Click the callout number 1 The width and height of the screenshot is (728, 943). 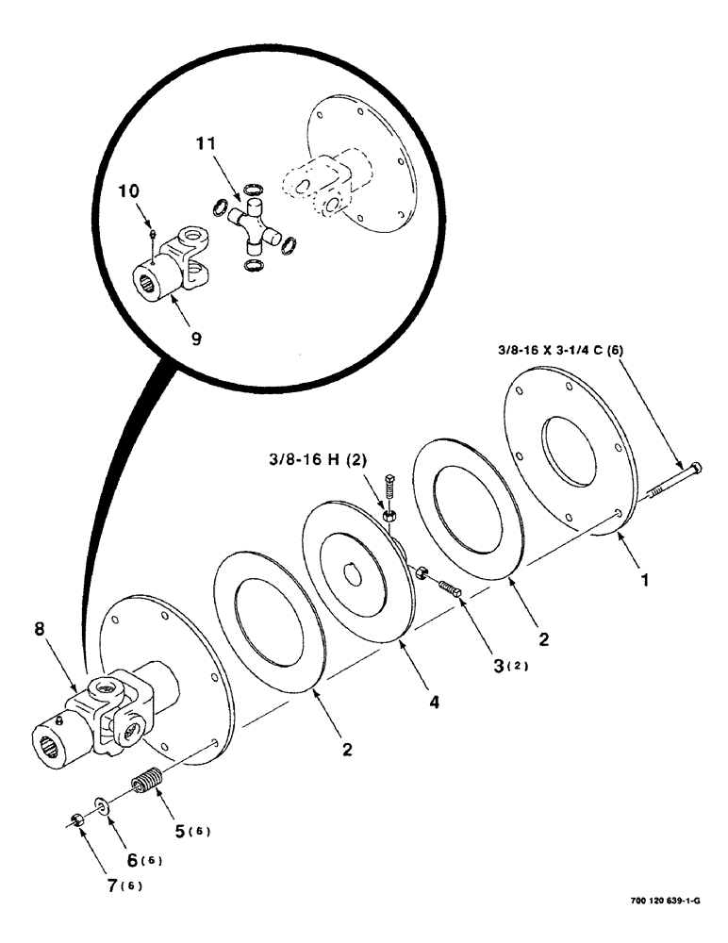tap(646, 582)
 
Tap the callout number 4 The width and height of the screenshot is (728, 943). tap(435, 702)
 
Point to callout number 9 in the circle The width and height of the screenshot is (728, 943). tap(196, 336)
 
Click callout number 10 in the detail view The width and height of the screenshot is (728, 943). tap(128, 190)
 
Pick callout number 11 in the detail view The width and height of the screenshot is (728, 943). tap(207, 146)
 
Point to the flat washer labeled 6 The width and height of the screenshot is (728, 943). tap(102, 807)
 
